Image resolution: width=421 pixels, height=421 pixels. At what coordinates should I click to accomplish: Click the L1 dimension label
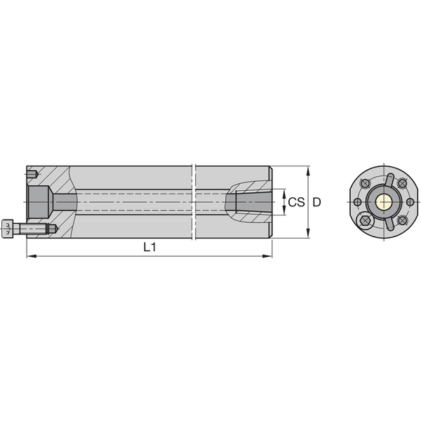149,247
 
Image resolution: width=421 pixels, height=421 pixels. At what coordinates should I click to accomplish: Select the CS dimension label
296,202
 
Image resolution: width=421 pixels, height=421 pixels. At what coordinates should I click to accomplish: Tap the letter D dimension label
317,202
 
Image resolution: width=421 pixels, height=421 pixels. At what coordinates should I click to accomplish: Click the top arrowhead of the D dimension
309,171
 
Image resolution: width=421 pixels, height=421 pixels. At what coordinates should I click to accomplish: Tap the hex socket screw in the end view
366,222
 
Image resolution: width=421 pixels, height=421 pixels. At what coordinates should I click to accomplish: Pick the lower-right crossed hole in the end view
402,220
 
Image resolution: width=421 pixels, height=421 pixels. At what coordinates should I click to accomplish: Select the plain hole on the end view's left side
357,203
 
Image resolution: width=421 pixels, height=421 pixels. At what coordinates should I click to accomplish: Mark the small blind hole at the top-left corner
32,174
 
